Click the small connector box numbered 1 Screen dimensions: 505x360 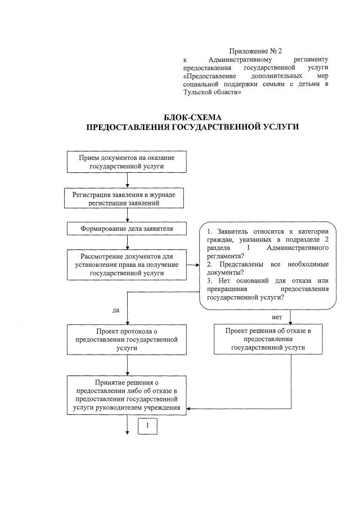[147, 426]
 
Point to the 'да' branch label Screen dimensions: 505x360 [116, 310]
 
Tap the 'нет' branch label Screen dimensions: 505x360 [276, 318]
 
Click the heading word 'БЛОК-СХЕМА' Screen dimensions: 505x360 [192, 117]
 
